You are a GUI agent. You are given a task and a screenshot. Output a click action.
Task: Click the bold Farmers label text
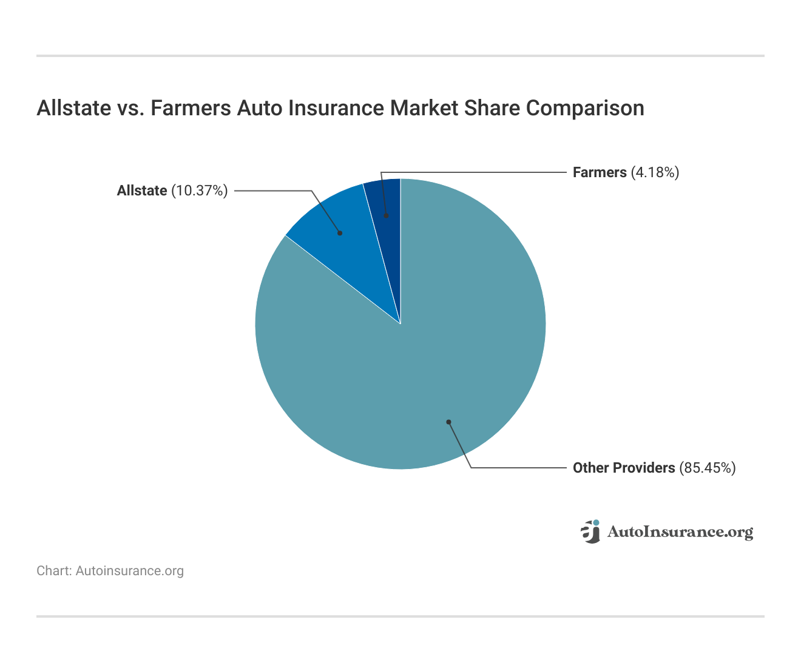(x=600, y=172)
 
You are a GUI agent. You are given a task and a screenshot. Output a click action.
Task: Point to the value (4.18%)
(x=655, y=172)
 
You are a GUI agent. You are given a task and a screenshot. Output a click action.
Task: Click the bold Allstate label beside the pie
(x=142, y=191)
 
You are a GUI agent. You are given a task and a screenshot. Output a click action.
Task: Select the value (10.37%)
(x=199, y=191)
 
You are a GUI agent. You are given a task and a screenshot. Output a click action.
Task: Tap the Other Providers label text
(x=624, y=468)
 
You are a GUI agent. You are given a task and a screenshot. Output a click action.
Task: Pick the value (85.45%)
(x=707, y=468)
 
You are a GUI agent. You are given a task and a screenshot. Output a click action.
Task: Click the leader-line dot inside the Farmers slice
(x=386, y=215)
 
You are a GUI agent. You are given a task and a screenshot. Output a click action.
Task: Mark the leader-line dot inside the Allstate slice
(x=340, y=233)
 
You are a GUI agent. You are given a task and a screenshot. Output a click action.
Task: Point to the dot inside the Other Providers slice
(x=448, y=422)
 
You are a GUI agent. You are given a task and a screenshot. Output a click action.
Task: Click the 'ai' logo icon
(x=590, y=532)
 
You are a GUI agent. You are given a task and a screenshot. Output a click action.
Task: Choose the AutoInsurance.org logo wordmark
(x=680, y=532)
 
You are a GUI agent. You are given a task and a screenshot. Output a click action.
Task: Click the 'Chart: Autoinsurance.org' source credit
(x=110, y=571)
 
